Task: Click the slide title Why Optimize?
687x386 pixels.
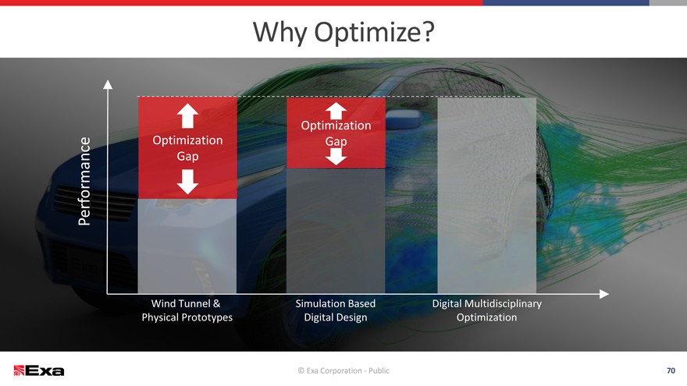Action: click(343, 33)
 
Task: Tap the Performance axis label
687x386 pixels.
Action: click(84, 181)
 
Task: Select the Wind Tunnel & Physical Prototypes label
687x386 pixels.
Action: click(187, 310)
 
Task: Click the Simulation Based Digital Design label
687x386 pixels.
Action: click(336, 310)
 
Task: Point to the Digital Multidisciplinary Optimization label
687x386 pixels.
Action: click(487, 310)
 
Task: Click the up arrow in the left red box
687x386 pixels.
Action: click(187, 115)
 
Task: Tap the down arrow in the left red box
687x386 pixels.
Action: click(187, 182)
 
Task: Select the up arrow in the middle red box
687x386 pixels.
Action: click(336, 111)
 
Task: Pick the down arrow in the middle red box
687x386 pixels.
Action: click(336, 156)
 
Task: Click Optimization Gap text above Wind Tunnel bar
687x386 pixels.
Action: click(187, 148)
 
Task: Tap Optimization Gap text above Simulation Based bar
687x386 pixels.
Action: click(336, 133)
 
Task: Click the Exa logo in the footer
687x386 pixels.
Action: click(39, 370)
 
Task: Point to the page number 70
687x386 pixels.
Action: click(671, 370)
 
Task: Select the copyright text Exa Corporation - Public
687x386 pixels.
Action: click(343, 370)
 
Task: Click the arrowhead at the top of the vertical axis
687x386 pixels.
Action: click(108, 84)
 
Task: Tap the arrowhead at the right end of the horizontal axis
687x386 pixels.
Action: click(604, 294)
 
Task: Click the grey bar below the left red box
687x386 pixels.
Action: click(187, 246)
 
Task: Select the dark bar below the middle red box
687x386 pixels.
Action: click(336, 231)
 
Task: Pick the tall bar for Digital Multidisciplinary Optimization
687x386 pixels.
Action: click(487, 196)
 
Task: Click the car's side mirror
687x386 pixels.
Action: click(401, 120)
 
